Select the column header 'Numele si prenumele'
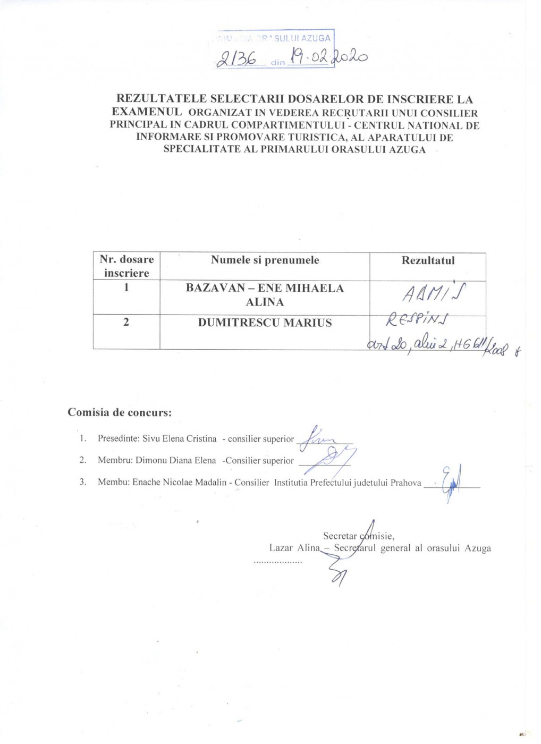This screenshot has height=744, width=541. coord(265,260)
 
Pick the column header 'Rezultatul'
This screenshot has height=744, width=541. coord(428,260)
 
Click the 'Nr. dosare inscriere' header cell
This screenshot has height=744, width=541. coord(126,266)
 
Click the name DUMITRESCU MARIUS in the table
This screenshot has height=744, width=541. coord(265,323)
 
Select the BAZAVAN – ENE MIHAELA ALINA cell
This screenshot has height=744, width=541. coord(265,295)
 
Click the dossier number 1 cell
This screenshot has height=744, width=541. coord(126,288)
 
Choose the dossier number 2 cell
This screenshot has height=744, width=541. coord(126,322)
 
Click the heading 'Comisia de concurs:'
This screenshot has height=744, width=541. coord(120,412)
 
